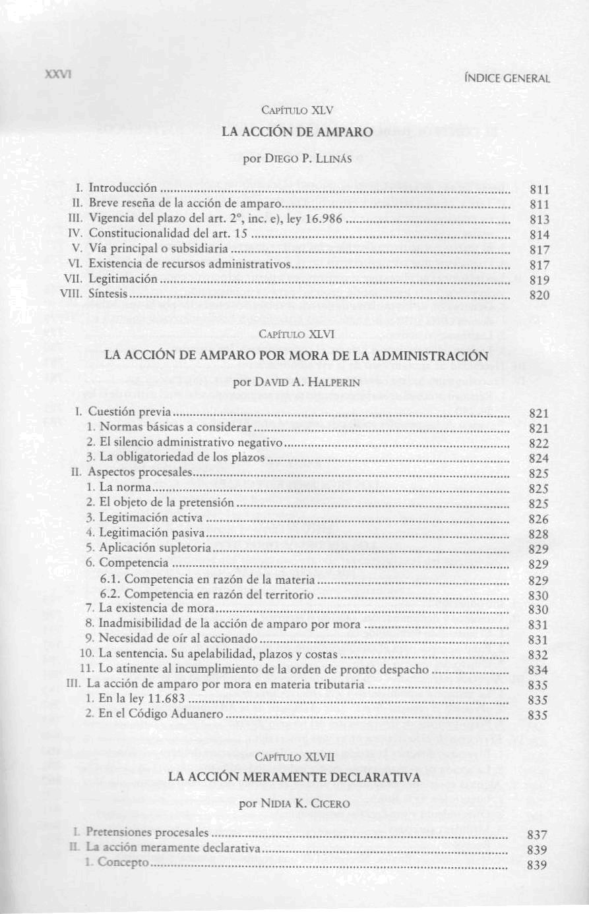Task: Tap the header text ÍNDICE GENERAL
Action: click(x=507, y=78)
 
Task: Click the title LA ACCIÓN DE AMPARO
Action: click(x=297, y=131)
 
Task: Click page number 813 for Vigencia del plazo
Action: click(x=540, y=220)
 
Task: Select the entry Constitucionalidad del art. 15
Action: click(x=168, y=233)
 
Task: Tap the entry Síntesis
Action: click(x=108, y=295)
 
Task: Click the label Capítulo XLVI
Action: click(x=297, y=334)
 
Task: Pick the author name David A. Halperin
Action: click(x=296, y=382)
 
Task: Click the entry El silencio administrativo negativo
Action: click(x=191, y=443)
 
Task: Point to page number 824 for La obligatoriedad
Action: click(x=539, y=459)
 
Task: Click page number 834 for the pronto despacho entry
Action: click(x=538, y=670)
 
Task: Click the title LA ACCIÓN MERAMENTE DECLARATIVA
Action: click(x=294, y=778)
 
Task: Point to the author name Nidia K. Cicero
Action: click(x=295, y=804)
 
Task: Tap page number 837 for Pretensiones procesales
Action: click(x=538, y=835)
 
